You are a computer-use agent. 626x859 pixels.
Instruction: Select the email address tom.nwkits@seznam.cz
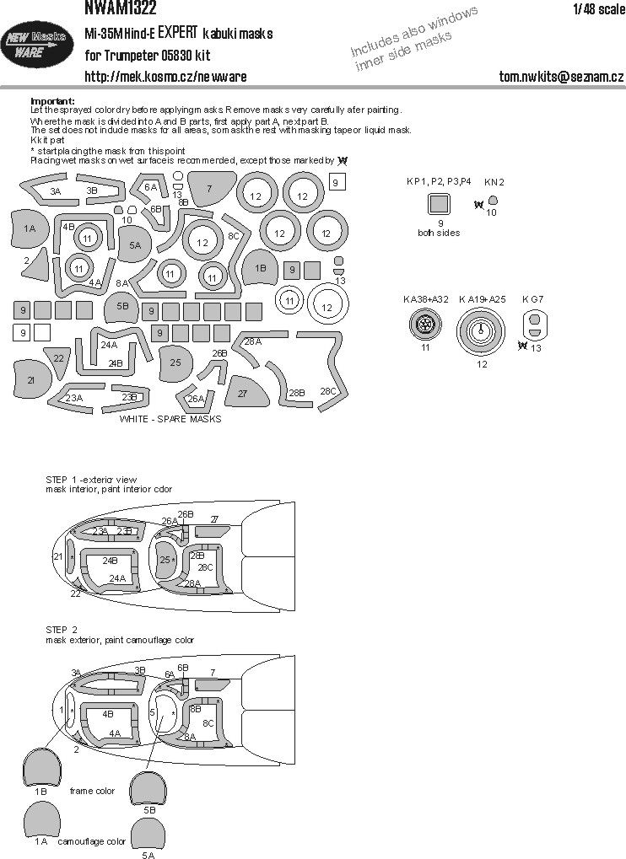(x=560, y=76)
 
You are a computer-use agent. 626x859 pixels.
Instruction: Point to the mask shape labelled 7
(x=210, y=190)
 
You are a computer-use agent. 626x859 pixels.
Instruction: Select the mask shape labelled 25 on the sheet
(x=175, y=362)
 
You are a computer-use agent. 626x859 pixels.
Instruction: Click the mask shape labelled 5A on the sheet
(x=135, y=244)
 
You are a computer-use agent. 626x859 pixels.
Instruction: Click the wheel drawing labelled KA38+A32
(x=427, y=325)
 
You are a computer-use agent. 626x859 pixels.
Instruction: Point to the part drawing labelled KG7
(x=532, y=325)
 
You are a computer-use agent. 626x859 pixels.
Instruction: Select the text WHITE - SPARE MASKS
(x=170, y=419)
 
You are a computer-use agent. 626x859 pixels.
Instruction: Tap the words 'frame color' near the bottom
(x=93, y=791)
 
